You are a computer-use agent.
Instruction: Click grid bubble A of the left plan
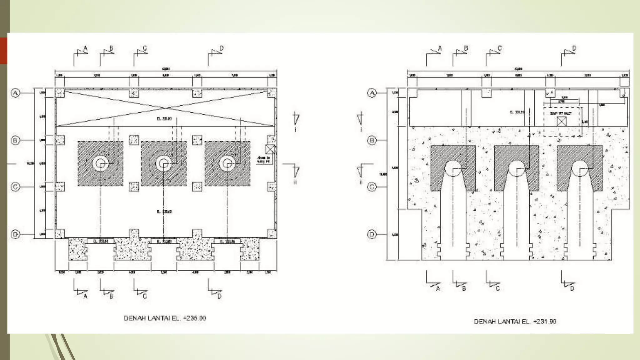(x=15, y=93)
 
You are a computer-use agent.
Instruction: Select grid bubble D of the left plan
(x=15, y=234)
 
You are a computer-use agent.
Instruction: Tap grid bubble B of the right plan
(x=372, y=140)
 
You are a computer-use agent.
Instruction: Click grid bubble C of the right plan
(x=372, y=187)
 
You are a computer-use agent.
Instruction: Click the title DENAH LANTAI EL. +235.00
(x=165, y=318)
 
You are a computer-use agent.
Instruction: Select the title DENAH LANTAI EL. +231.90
(x=515, y=322)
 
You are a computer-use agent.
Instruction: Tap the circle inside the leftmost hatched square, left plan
(x=100, y=163)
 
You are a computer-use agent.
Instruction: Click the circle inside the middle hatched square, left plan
(x=163, y=163)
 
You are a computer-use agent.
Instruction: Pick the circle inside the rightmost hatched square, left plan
(x=227, y=163)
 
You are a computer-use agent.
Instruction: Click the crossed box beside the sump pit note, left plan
(x=270, y=149)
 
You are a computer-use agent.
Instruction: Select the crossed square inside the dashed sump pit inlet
(x=562, y=121)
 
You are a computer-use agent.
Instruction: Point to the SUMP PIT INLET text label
(x=561, y=113)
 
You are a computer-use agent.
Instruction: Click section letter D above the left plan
(x=222, y=48)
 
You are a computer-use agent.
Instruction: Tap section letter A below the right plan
(x=438, y=289)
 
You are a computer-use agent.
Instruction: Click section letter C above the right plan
(x=499, y=48)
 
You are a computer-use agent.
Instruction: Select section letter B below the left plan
(x=111, y=296)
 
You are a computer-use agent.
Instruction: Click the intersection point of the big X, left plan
(x=166, y=108)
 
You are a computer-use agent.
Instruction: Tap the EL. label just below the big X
(x=164, y=119)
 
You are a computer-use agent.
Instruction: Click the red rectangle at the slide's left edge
(x=3, y=51)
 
